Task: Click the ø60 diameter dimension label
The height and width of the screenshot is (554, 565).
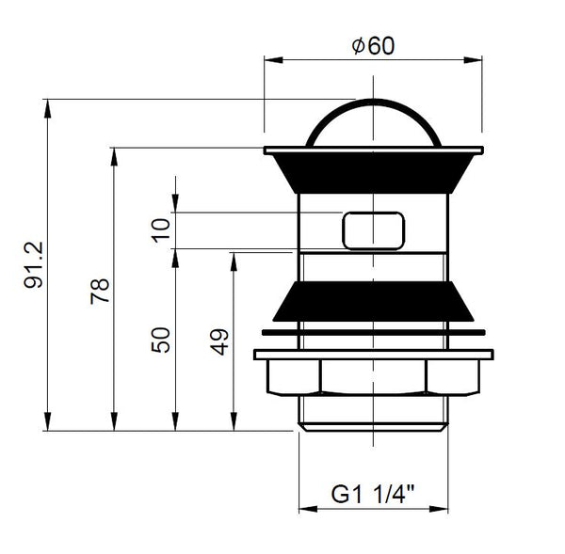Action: click(373, 46)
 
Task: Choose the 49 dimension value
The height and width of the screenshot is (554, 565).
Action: click(218, 340)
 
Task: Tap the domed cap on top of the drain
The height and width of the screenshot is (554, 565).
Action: click(373, 122)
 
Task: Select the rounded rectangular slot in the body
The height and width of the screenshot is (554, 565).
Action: click(373, 230)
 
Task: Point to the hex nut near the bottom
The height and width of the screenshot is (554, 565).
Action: click(373, 378)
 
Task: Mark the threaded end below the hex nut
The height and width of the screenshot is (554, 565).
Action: click(373, 414)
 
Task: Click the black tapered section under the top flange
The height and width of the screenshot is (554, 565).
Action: click(373, 174)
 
